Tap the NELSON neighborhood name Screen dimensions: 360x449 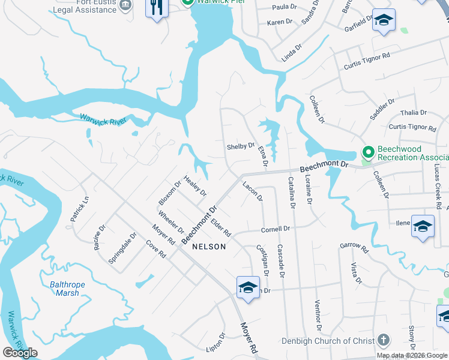point(209,247)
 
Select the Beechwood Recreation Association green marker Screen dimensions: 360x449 point(367,153)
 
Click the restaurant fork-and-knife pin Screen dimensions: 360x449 point(157,8)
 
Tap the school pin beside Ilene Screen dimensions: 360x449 point(423,226)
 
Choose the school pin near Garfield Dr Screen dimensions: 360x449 point(383,20)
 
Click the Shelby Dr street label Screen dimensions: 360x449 point(241,146)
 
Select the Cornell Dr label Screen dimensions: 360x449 point(276,229)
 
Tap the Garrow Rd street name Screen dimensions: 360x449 point(353,245)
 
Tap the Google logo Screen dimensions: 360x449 point(20,353)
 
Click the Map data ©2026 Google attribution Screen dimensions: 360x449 point(411,355)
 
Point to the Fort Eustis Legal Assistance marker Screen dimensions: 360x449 point(125,6)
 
